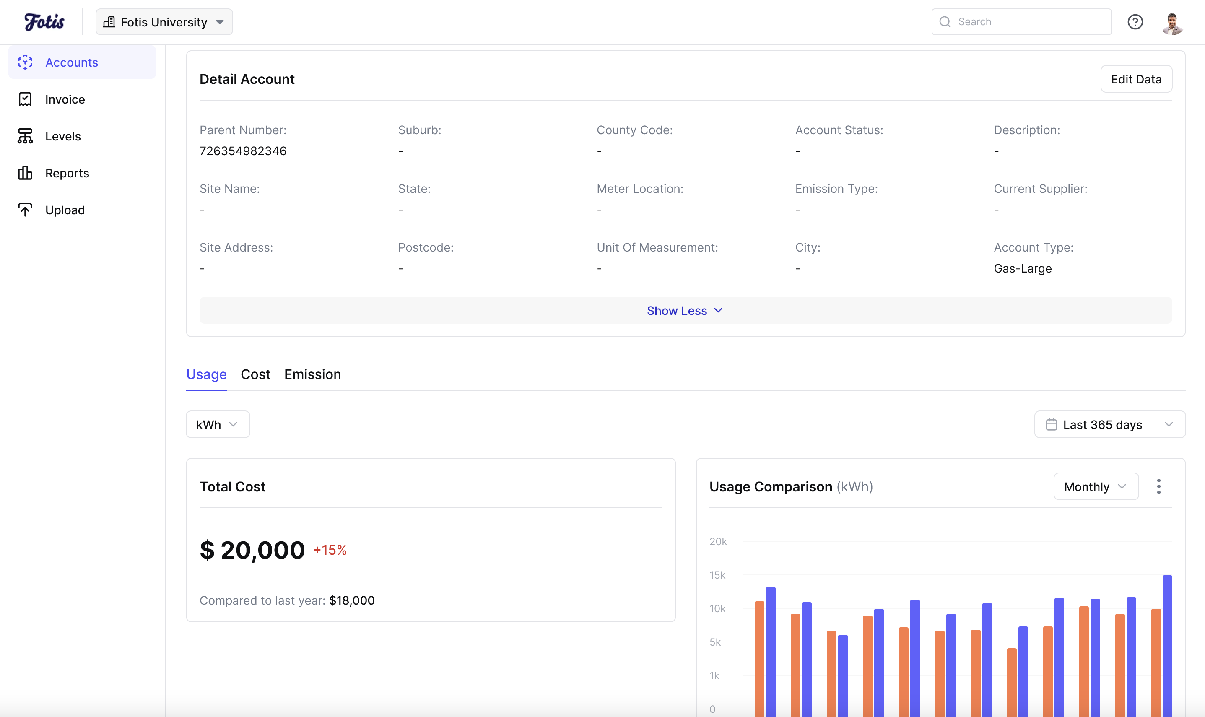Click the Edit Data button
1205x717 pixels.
pos(1135,79)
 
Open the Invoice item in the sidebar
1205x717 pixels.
pos(65,99)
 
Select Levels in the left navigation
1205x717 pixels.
pos(63,136)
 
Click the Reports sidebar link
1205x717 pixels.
pos(67,174)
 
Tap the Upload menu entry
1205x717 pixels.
pos(65,210)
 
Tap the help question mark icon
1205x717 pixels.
pos(1135,22)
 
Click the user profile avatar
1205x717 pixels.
pos(1172,23)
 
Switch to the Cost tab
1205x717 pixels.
pos(255,374)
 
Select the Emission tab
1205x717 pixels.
pos(312,374)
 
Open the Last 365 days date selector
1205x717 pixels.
pos(1109,425)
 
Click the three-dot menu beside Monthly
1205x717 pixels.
pos(1158,486)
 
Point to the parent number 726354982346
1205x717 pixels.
pos(243,151)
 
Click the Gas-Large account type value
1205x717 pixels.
pos(1023,269)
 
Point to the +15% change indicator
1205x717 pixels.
pos(330,550)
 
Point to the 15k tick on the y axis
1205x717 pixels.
pos(717,575)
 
